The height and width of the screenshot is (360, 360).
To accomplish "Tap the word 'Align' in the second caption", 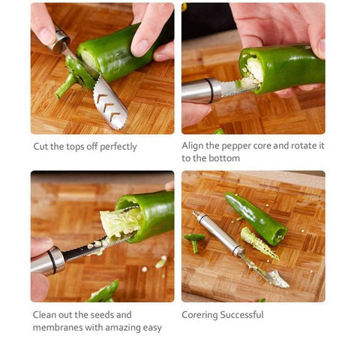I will (194, 146).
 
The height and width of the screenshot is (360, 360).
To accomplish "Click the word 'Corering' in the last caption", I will (199, 315).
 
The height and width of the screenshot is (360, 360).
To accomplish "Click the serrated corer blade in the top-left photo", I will (109, 103).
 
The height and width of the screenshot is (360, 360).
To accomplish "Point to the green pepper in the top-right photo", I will (289, 67).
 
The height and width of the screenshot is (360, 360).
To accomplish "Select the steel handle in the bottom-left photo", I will (48, 262).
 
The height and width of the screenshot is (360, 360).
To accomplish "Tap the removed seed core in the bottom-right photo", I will (258, 244).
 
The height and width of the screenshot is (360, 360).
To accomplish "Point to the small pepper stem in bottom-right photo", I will (194, 240).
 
